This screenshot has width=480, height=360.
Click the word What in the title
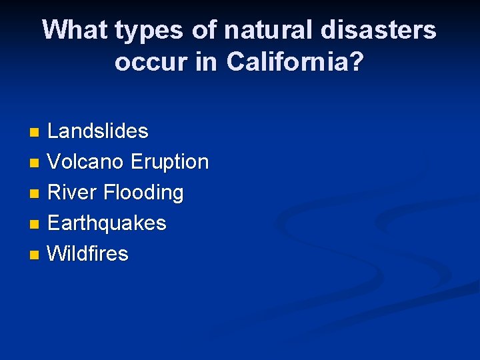(75, 30)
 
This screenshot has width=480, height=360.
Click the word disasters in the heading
(380, 30)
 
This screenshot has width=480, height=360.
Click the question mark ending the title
(357, 62)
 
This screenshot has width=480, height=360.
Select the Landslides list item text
(98, 131)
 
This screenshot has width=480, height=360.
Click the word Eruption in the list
(169, 162)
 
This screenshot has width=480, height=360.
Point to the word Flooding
(143, 193)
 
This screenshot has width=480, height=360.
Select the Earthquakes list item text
(107, 223)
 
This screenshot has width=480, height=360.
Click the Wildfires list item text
(88, 254)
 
